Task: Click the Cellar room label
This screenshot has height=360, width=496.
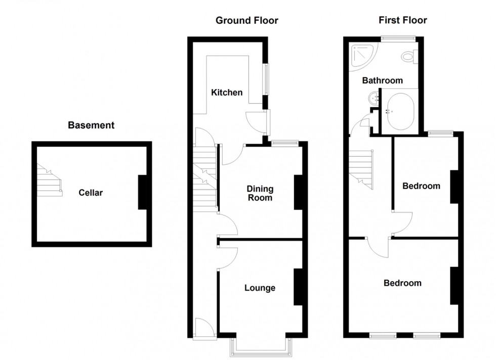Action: point(91,193)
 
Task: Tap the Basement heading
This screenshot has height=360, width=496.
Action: point(91,125)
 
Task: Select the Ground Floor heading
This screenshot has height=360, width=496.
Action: point(246,21)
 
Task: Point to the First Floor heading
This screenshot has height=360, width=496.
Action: point(403,21)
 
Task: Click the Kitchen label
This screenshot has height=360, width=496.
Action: point(227,93)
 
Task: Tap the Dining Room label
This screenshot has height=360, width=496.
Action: point(260,193)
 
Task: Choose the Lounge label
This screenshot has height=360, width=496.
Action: point(260,288)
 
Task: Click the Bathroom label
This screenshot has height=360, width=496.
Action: point(382,80)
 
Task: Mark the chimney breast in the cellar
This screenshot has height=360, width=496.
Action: point(144,192)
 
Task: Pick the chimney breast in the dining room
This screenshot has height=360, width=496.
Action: point(299,192)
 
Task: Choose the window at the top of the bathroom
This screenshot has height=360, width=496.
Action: point(398,37)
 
